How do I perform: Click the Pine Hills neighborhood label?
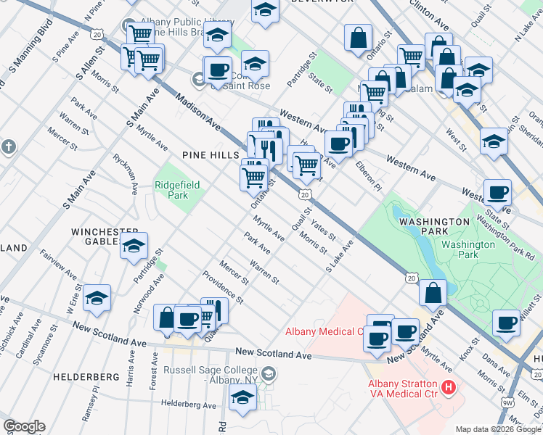211,156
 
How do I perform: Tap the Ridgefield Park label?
171,190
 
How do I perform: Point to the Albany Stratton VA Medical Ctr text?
401,389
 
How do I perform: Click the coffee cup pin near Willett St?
506,323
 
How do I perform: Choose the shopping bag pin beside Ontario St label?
359,38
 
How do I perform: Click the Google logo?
24,426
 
